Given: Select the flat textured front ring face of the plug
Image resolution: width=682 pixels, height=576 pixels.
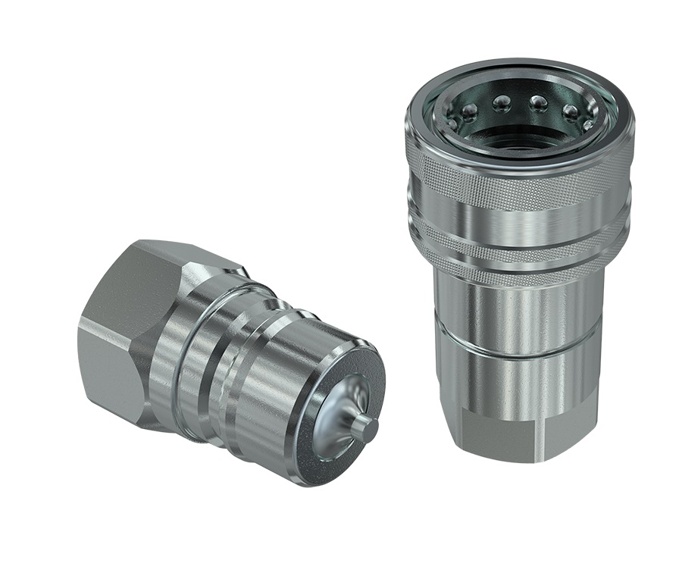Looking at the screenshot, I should (x=318, y=447).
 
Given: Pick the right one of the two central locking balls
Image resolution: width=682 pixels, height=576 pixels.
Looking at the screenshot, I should (x=538, y=102).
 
